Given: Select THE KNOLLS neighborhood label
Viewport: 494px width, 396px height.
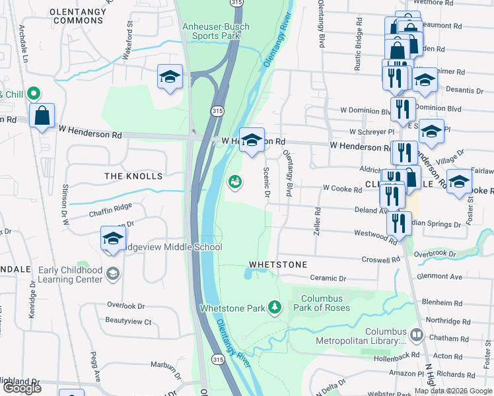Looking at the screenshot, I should [133, 176].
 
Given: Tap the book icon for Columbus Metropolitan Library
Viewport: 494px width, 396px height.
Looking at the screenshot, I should [416, 335].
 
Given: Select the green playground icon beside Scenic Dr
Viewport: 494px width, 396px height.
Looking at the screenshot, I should [234, 181].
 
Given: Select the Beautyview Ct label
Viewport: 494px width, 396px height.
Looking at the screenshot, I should [128, 321].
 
